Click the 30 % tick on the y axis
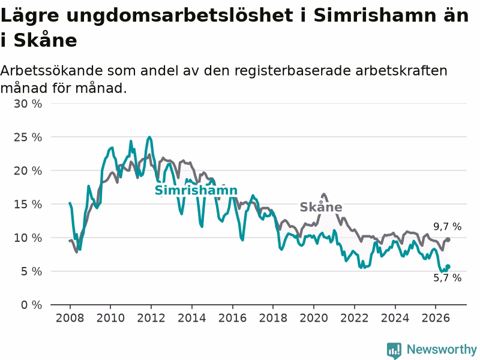point(28,104)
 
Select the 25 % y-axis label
point(28,137)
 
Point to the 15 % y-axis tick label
point(28,205)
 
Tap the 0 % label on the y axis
point(32,305)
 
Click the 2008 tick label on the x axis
point(70,318)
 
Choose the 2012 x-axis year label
point(151,318)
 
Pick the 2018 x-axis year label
point(273,318)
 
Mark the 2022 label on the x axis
point(355,318)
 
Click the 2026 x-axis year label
point(436,318)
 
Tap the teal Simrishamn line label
point(196,190)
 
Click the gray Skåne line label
point(321,207)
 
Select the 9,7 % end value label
point(447,227)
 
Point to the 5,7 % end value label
point(447,278)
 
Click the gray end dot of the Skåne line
point(448,239)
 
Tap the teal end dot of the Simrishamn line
point(448,266)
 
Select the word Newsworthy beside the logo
point(442,349)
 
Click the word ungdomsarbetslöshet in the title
point(179,16)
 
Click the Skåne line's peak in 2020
point(324,194)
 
